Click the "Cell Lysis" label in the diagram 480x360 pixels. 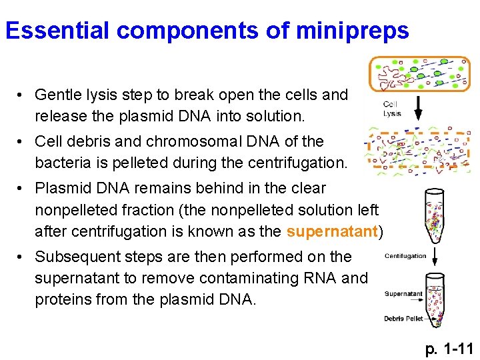(392, 109)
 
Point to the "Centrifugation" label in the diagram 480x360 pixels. (405, 255)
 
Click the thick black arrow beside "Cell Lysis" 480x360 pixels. (419, 107)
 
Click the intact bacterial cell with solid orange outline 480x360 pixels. (420, 73)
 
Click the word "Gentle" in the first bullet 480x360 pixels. (57, 95)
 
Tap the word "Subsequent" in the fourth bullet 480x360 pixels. (74, 256)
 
